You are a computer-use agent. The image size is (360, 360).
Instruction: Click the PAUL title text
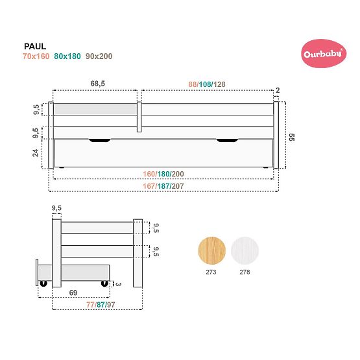coord(34,47)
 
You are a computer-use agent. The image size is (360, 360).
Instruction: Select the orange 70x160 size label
coord(35,56)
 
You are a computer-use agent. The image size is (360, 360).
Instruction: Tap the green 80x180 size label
coord(67,56)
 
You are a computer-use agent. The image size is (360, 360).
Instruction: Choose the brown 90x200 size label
coord(99,56)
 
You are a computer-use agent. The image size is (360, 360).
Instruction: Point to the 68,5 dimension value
coord(98,83)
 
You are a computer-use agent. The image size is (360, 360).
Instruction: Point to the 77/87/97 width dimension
coord(96,305)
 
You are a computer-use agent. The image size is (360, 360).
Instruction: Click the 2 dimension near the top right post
coord(277,90)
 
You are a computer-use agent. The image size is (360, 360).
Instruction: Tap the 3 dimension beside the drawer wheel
coord(117,283)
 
